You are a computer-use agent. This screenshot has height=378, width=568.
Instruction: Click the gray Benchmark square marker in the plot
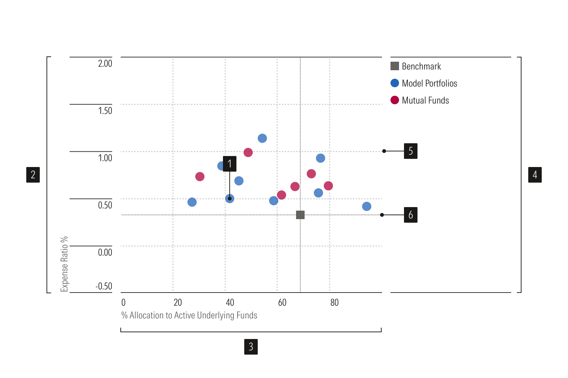tap(300, 215)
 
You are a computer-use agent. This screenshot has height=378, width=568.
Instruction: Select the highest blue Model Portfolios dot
tap(262, 138)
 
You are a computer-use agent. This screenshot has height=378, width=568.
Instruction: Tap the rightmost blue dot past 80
tap(367, 206)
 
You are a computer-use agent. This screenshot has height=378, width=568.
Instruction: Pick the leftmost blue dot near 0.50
tap(192, 202)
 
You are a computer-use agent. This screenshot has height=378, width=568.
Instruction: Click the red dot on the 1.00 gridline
tap(248, 152)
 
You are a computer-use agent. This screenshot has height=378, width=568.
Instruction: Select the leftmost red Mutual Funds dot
tap(200, 177)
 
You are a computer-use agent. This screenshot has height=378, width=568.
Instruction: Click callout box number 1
tap(230, 164)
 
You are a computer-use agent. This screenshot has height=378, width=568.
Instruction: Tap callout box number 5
tap(411, 151)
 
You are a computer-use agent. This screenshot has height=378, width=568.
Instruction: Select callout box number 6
tap(411, 215)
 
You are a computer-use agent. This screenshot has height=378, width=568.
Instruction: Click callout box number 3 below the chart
tap(251, 347)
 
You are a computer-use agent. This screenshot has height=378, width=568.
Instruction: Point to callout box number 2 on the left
tap(33, 175)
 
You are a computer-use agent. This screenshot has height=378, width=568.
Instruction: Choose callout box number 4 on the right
tap(535, 175)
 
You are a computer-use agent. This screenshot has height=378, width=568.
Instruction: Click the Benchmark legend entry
tap(421, 66)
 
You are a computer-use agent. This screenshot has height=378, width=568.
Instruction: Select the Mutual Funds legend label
tap(425, 100)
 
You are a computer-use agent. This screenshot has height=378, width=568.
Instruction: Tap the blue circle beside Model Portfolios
tap(395, 83)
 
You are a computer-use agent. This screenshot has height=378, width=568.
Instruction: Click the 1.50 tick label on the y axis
tap(105, 111)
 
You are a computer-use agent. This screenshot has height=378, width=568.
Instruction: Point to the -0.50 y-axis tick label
tap(104, 286)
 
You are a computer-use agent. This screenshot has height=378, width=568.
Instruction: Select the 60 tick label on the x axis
tap(282, 302)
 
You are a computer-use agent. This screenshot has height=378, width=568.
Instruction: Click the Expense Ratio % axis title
tap(64, 264)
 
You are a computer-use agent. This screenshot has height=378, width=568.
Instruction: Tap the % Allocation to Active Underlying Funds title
tap(189, 315)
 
